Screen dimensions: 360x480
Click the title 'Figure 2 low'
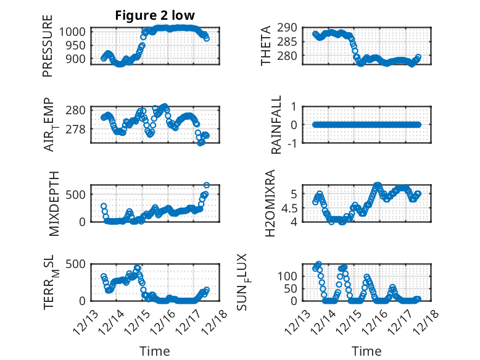coord(154,15)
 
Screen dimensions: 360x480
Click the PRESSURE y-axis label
coord(48,47)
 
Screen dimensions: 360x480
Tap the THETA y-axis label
coord(266,46)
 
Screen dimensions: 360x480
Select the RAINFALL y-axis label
coord(277,125)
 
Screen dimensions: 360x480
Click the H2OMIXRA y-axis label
coord(270,203)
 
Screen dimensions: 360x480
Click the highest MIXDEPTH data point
coord(207,185)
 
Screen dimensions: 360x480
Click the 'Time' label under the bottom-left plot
coord(154,351)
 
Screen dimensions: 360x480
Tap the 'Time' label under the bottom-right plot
coord(366,351)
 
